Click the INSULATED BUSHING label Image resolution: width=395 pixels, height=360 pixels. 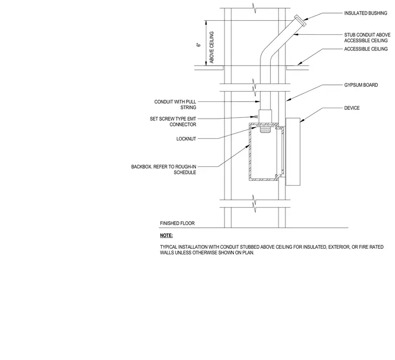365,13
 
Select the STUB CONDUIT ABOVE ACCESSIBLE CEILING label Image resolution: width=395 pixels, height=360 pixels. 367,37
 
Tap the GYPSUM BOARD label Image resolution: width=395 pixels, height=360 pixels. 361,85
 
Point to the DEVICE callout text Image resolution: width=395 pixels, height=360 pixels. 352,108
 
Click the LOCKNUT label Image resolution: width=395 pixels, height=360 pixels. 186,139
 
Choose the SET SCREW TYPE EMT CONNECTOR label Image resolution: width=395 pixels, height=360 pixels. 173,122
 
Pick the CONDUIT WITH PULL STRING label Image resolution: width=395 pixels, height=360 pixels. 175,105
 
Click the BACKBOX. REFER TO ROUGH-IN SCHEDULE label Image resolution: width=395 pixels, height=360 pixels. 164,170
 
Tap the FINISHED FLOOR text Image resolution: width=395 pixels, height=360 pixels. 177,223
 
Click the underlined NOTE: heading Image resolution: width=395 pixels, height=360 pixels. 166,236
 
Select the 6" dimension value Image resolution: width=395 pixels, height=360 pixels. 199,45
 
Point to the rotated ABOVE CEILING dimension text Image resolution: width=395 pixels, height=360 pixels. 212,47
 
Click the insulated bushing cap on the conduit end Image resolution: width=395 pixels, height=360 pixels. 300,20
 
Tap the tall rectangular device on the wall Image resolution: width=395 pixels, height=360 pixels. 293,151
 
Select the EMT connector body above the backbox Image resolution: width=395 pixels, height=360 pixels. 266,116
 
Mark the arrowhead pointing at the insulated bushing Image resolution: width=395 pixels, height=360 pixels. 305,19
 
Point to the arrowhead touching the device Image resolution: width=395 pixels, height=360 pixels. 301,121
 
